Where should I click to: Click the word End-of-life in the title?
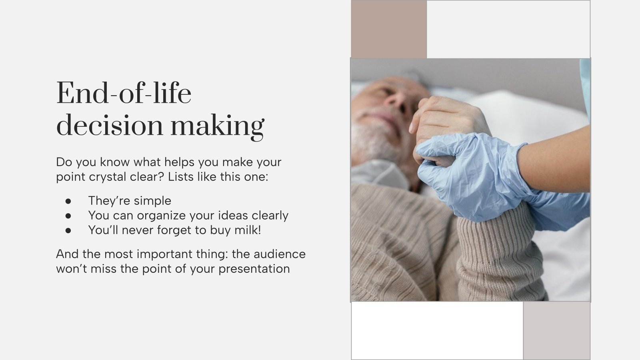124,93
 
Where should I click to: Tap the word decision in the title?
110,125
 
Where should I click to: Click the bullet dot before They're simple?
68,201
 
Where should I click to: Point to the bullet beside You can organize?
68,216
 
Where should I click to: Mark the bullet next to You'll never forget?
68,230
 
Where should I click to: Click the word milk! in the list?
248,230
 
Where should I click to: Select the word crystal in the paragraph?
108,177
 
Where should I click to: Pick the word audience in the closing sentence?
280,254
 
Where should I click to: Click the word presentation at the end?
254,269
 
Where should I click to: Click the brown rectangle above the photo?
389,29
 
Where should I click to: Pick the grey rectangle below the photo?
556,330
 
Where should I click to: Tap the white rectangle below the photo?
437,330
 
